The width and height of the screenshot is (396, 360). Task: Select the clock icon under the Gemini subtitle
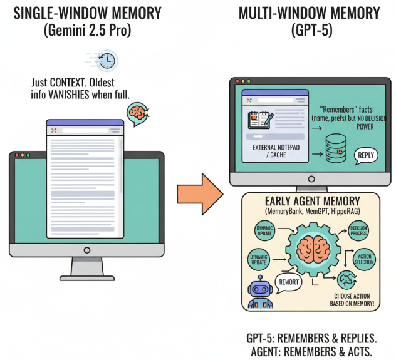107,61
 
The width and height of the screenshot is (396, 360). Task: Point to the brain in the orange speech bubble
137,112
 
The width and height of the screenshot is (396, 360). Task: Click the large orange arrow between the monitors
199,193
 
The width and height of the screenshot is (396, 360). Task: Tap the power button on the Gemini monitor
86,249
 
